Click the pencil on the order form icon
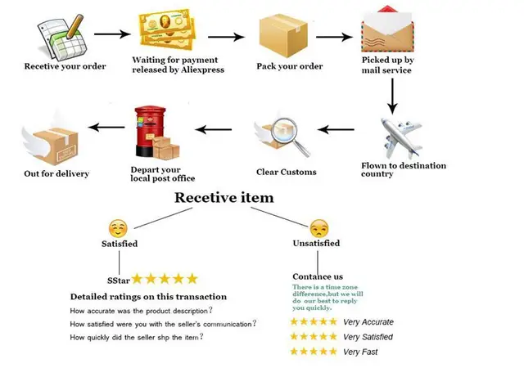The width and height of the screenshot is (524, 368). [75, 26]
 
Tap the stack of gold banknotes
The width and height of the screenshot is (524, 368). [166, 29]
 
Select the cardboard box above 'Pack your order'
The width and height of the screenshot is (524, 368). [283, 35]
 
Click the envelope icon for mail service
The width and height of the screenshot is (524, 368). [387, 29]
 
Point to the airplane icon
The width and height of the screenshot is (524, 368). [401, 137]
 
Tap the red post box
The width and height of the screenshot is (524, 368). [150, 131]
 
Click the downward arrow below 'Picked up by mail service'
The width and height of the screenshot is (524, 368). [392, 96]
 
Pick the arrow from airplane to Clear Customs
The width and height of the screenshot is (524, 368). [336, 129]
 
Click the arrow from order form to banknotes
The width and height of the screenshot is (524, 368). [112, 34]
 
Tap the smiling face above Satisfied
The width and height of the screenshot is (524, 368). [118, 229]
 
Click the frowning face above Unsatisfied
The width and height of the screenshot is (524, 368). [319, 228]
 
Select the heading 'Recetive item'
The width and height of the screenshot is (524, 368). [224, 198]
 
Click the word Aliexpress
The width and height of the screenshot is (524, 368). [202, 70]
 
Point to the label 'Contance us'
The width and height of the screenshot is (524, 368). [318, 276]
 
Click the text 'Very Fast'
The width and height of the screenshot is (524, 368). [360, 352]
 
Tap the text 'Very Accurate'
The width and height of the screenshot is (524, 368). [368, 322]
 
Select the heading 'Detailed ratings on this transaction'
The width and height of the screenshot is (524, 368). [148, 297]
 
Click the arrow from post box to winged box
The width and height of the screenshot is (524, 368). [106, 128]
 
